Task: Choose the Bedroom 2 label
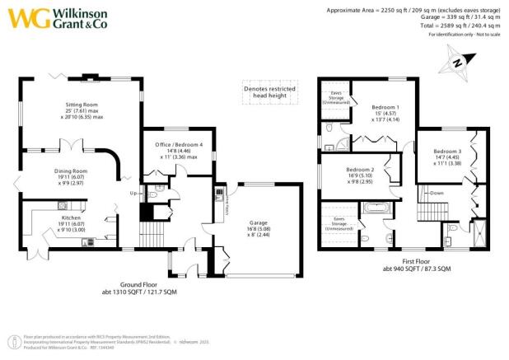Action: [361, 170]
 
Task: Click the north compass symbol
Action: [455, 61]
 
